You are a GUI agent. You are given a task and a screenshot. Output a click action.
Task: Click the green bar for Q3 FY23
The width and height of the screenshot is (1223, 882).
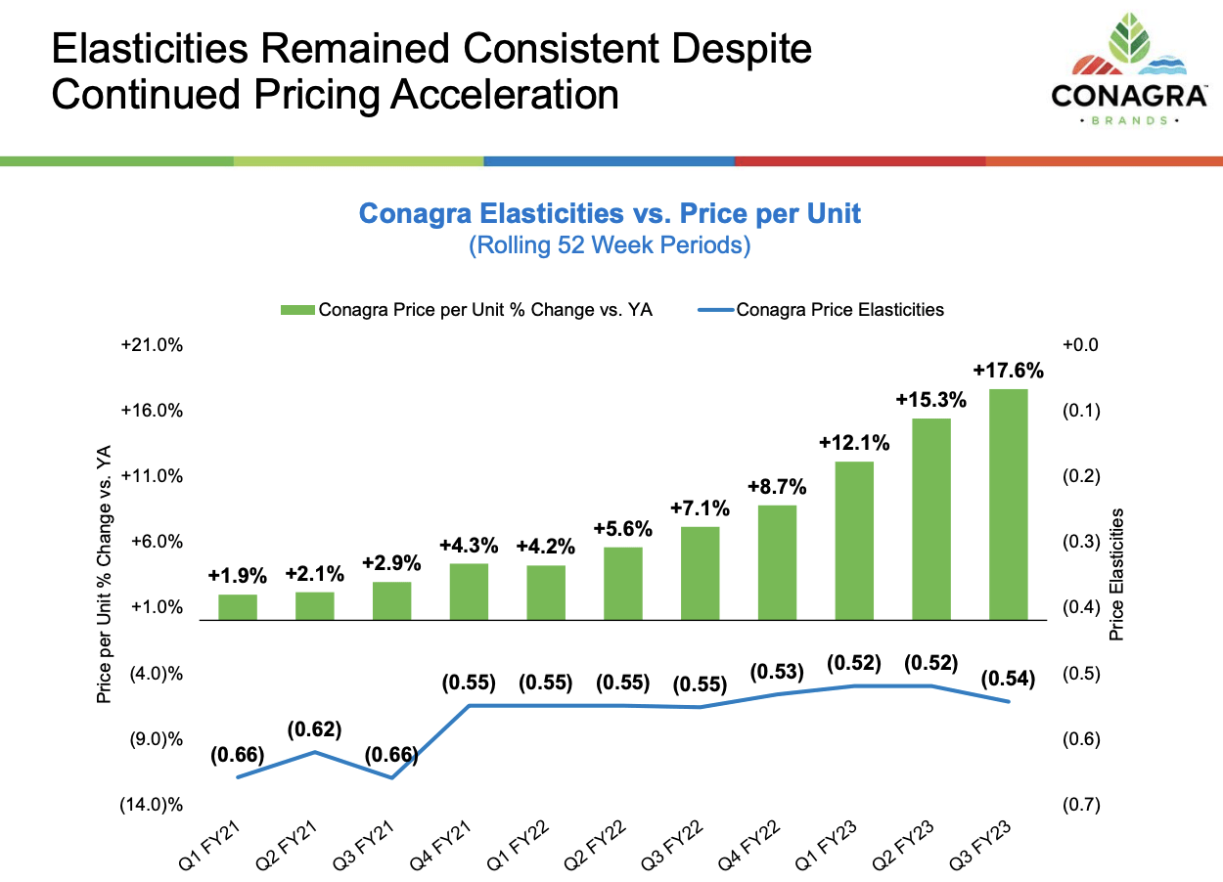point(1008,504)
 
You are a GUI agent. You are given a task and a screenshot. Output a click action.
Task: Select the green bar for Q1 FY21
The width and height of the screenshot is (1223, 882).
point(237,607)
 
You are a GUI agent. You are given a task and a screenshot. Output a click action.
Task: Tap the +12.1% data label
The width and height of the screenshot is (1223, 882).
point(854,443)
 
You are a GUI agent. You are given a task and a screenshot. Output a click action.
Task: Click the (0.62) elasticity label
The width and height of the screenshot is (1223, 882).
point(314,729)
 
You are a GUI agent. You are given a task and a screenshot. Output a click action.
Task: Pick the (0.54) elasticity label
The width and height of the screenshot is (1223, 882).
point(1008,678)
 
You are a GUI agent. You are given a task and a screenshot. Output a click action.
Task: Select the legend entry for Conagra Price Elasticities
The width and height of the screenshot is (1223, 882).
point(839,310)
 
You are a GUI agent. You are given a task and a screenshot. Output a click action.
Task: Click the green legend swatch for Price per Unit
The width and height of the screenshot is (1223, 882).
point(297,310)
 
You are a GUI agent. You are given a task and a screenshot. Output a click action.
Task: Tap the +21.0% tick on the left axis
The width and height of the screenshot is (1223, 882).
point(152,345)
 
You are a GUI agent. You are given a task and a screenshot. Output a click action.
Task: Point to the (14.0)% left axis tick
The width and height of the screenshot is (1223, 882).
point(151,805)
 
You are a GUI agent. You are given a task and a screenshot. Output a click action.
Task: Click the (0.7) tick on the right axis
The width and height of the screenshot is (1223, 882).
point(1080,805)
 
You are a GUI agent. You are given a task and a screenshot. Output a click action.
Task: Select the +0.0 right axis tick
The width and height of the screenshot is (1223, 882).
point(1080,345)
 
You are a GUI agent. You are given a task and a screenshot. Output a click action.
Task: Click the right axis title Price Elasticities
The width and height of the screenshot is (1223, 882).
point(1116,575)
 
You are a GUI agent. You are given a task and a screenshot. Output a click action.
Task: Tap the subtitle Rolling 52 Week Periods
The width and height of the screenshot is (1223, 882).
point(610,245)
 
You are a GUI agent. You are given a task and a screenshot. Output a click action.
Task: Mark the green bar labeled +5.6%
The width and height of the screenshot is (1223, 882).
point(622,583)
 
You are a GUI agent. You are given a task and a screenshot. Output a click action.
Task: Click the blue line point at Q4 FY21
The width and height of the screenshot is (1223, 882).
point(470,705)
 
